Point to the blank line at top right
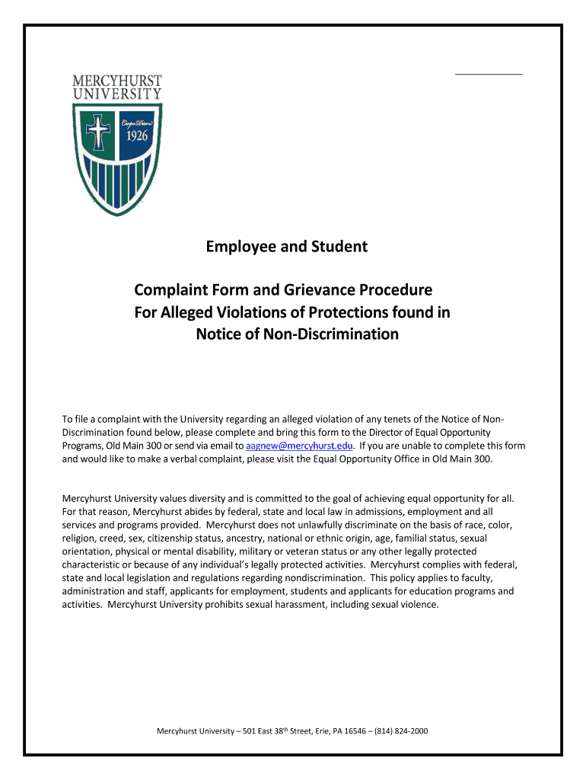coord(489,73)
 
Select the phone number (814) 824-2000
coord(400,731)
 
